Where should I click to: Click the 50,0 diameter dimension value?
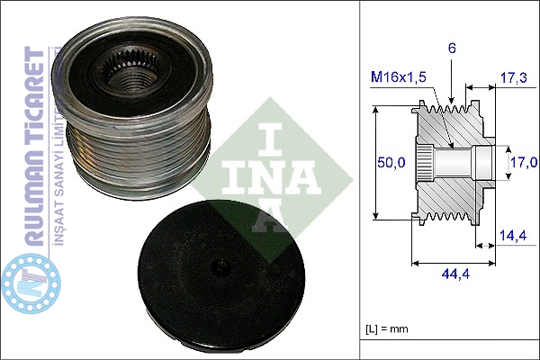click(x=391, y=162)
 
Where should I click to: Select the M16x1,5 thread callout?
click(x=398, y=77)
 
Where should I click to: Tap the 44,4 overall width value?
click(x=455, y=274)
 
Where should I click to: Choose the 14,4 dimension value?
click(x=513, y=235)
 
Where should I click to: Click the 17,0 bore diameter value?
click(x=524, y=162)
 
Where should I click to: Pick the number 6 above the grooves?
click(x=452, y=49)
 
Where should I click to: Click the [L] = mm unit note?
click(x=387, y=329)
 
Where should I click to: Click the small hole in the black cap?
click(x=221, y=266)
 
